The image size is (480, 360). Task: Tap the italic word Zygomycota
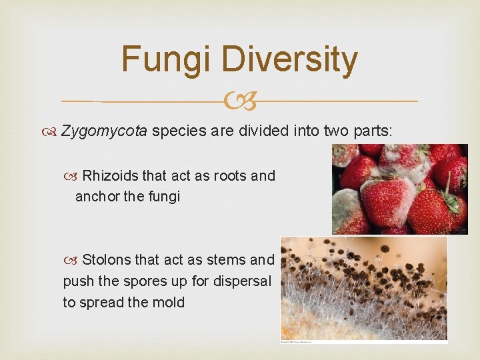(x=104, y=130)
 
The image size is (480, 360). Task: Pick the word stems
(x=227, y=259)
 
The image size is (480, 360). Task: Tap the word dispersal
(x=243, y=281)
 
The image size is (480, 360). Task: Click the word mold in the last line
(x=168, y=302)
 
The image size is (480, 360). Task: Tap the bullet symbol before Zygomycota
(x=53, y=131)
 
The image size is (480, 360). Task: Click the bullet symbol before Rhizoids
(x=74, y=176)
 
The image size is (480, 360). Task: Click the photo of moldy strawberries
(x=399, y=189)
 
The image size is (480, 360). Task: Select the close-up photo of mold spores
(x=363, y=288)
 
